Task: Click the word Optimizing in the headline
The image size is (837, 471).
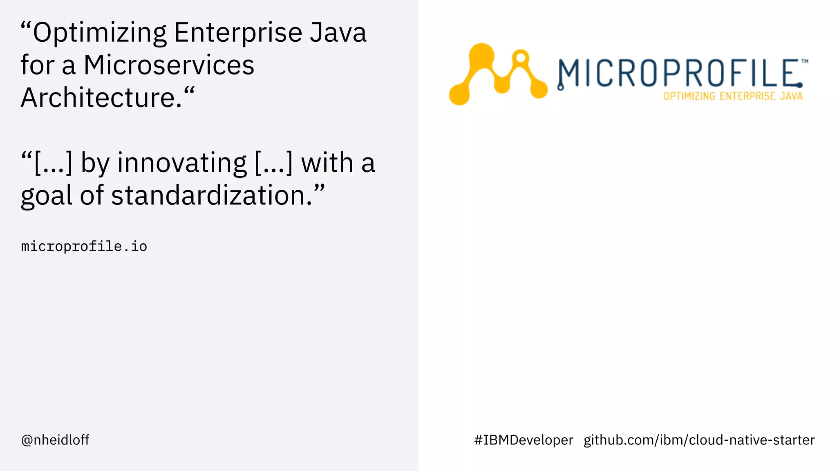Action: [100, 33]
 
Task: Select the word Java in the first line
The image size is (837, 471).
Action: [338, 33]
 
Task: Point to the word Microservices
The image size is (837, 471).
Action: [169, 65]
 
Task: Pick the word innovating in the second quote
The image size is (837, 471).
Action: [182, 163]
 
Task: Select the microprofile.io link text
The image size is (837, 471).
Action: [84, 247]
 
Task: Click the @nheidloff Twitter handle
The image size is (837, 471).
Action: [55, 440]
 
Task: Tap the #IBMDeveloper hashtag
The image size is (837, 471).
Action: [524, 440]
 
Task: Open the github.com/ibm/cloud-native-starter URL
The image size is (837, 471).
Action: [699, 440]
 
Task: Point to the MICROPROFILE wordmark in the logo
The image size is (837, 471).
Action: [678, 74]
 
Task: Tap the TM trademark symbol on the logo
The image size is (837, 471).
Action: [804, 62]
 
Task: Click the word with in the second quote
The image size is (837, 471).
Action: [327, 163]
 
